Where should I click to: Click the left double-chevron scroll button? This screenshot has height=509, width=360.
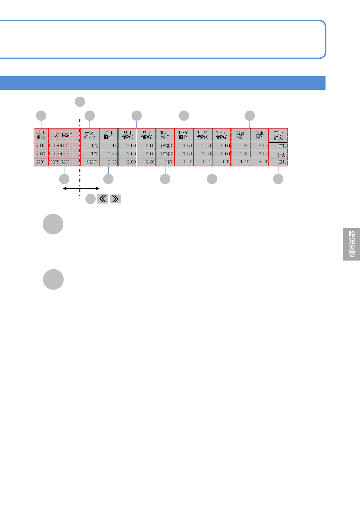click(x=103, y=199)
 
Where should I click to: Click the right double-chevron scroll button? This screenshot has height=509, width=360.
click(x=115, y=199)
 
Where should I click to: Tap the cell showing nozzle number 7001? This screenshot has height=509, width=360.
click(x=41, y=146)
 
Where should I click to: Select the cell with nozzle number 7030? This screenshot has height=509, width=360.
click(x=41, y=154)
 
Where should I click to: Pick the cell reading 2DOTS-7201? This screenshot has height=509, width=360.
click(x=64, y=162)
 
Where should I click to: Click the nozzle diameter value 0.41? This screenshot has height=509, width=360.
click(x=109, y=146)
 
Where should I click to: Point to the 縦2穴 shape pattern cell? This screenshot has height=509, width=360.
click(x=90, y=162)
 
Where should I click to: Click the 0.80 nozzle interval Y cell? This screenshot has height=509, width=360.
click(x=146, y=162)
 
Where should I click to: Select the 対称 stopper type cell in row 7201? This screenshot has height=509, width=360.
click(x=165, y=162)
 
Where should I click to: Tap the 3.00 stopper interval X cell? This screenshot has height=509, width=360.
click(x=203, y=154)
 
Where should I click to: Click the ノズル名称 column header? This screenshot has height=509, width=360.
click(x=64, y=135)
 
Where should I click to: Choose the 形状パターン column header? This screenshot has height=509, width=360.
click(x=90, y=135)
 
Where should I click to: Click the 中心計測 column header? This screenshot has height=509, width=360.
click(x=278, y=135)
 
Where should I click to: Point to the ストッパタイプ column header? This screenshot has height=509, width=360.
click(x=165, y=135)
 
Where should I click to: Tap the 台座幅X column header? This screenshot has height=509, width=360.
click(x=240, y=135)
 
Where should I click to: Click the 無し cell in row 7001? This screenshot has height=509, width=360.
click(x=278, y=146)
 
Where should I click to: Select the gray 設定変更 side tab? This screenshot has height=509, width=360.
click(x=352, y=244)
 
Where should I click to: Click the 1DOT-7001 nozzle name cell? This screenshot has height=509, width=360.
click(x=64, y=146)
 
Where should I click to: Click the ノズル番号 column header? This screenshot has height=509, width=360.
click(x=41, y=135)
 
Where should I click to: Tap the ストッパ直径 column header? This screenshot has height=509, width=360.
click(x=184, y=135)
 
